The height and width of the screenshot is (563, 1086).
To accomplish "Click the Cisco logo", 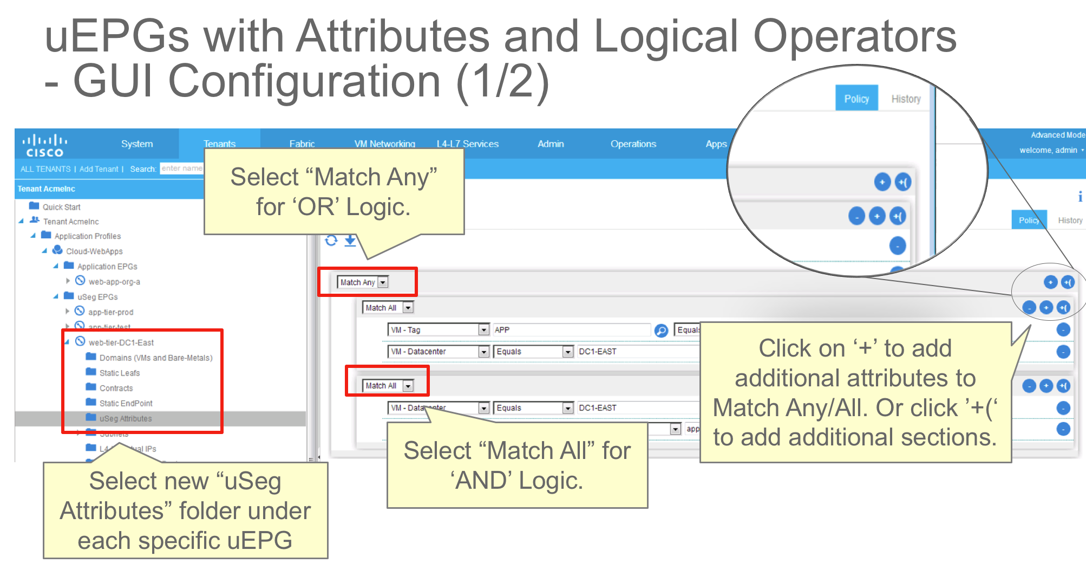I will [44, 145].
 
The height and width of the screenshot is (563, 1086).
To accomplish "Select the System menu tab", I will [136, 144].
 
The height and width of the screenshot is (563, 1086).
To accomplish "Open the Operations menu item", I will [633, 144].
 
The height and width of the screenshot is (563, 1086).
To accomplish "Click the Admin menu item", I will [551, 144].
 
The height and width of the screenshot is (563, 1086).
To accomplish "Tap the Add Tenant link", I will [99, 169].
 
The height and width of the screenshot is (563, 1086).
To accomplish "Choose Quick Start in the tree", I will [61, 207].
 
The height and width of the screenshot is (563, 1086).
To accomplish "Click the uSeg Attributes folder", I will [125, 418].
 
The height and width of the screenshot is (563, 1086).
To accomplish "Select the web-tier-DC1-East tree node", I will [121, 342].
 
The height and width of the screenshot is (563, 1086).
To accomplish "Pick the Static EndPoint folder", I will [126, 403].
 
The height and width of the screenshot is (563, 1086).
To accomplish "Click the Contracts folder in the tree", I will [116, 388].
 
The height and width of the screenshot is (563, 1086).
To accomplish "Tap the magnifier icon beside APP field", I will [661, 330].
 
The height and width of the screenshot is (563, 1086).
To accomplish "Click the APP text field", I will [571, 329].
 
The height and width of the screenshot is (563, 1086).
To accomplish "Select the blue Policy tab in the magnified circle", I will [856, 99].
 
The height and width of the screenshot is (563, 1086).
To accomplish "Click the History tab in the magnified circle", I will [906, 99].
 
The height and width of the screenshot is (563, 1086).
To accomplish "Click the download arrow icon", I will [350, 240].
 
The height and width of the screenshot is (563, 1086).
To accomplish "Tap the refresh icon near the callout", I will [331, 240].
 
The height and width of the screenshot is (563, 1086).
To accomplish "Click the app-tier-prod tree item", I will [110, 312].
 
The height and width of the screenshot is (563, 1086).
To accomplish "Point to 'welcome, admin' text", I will [1048, 150].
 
